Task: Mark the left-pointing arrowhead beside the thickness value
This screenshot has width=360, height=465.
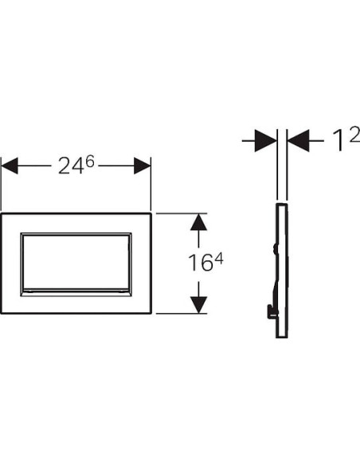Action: tap(295, 143)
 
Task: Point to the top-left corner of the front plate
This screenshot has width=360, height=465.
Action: tap(2, 213)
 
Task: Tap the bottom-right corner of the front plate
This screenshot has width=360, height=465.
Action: tap(151, 313)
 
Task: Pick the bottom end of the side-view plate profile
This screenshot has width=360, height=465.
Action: tap(280, 335)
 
